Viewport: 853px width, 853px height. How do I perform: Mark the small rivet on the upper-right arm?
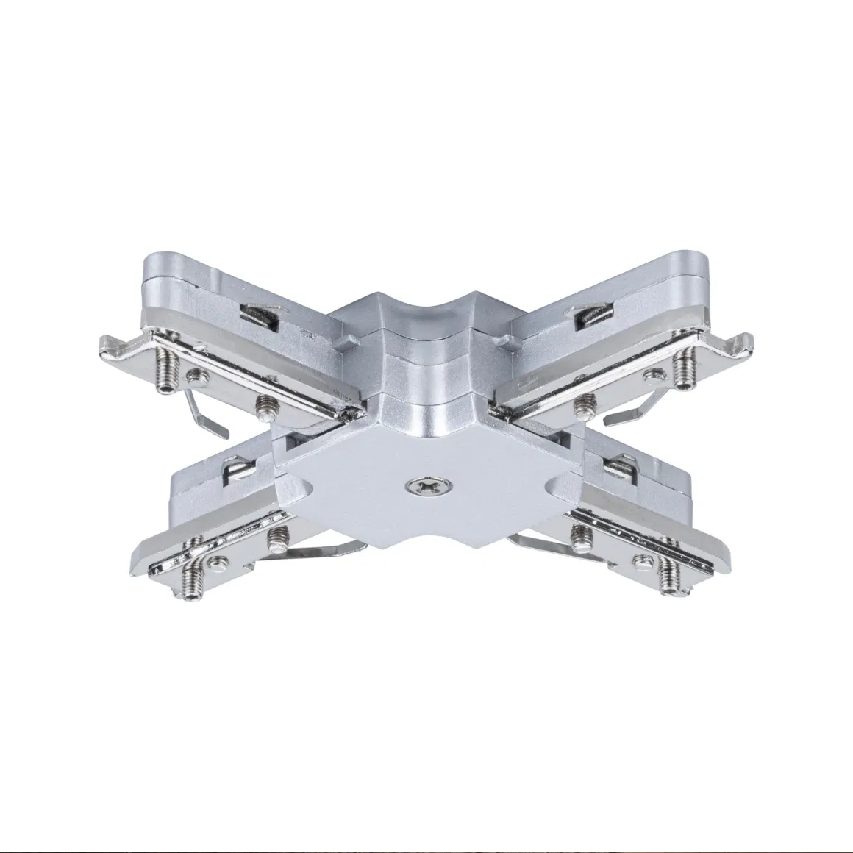[650, 375]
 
